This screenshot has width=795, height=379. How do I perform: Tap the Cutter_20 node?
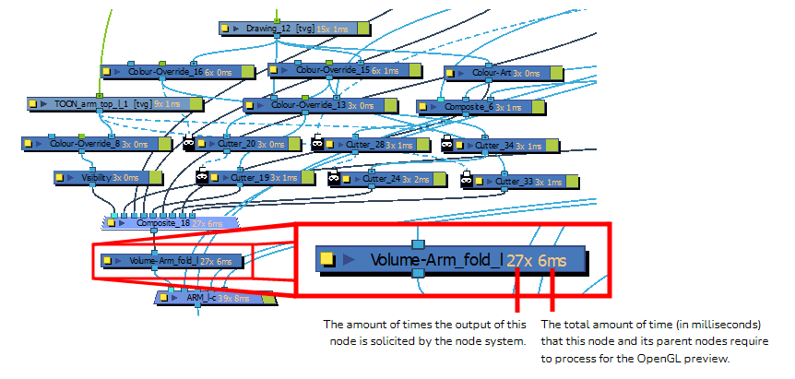244,144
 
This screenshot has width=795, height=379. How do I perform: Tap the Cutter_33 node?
516,181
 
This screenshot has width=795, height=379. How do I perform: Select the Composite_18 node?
171,222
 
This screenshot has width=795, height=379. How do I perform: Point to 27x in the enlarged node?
520,260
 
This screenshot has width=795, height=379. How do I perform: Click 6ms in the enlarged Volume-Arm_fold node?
553,260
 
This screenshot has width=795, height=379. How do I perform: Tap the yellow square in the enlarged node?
326,260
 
